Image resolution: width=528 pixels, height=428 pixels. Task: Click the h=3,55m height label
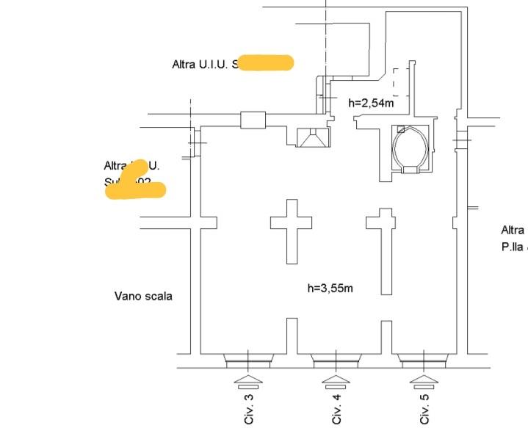coord(330,288)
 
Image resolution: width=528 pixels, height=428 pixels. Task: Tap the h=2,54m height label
coord(371,103)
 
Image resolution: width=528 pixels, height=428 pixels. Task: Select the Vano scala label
coord(143,297)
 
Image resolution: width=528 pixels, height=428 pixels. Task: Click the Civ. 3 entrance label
coord(249,409)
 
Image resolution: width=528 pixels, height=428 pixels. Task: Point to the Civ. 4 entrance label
coord(336,409)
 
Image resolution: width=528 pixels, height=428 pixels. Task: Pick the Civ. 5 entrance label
coord(424,409)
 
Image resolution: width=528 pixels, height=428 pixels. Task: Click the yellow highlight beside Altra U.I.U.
coord(267,63)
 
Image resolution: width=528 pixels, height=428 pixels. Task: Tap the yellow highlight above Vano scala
coord(137,187)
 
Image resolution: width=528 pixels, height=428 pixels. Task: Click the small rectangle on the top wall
coord(253,120)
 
